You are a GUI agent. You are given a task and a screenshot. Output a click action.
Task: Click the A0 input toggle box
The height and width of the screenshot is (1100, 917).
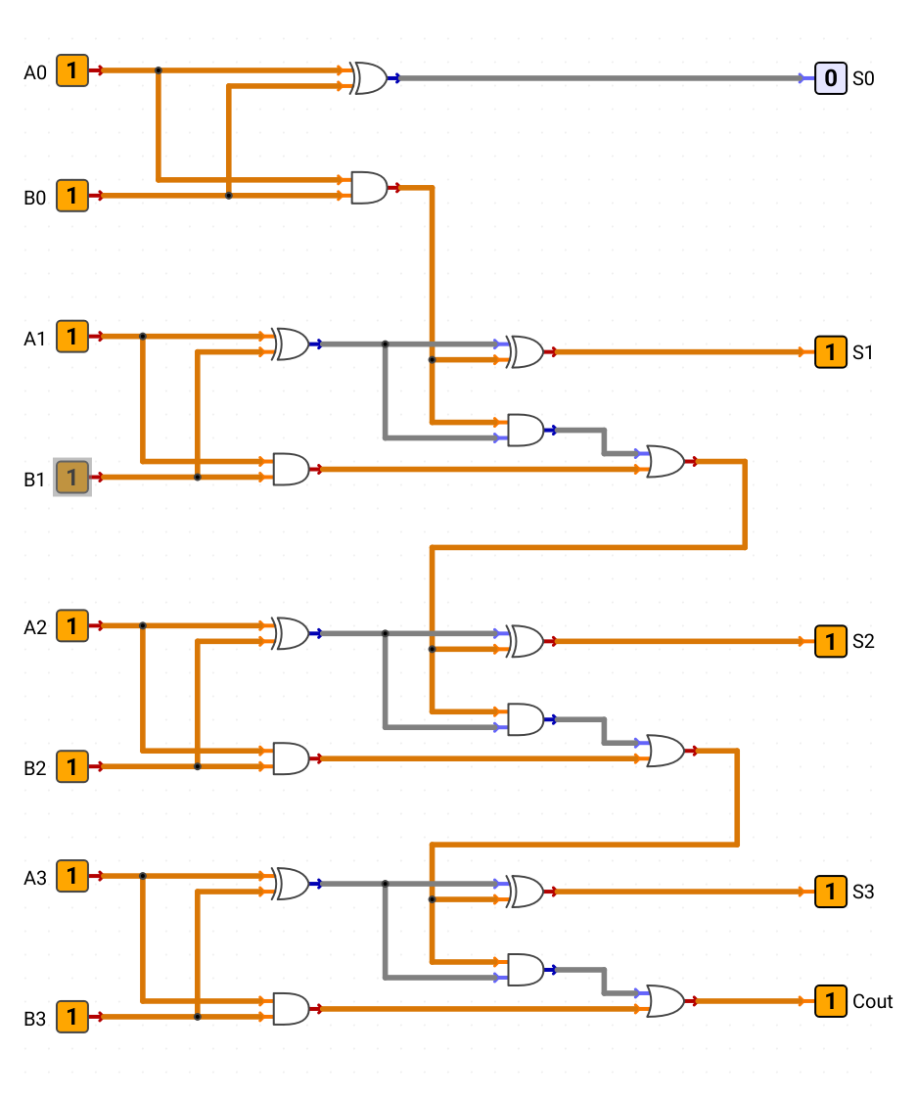point(72,70)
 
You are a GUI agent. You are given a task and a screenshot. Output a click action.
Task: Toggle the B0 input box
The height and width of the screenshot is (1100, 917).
point(72,195)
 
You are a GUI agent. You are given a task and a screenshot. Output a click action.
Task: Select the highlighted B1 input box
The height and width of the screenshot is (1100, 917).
point(72,477)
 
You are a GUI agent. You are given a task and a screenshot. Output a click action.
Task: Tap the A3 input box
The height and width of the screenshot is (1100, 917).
point(72,876)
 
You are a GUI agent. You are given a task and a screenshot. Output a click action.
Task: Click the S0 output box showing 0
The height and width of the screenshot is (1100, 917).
point(831,78)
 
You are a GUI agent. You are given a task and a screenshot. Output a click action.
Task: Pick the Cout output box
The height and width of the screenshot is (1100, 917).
point(831,1001)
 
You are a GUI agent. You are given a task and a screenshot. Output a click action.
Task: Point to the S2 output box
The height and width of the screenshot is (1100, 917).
point(831,641)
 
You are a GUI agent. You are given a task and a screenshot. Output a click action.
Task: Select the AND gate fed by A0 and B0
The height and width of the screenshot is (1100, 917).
point(369,187)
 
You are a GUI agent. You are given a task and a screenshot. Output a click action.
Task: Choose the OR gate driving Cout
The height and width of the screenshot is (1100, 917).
point(665,1001)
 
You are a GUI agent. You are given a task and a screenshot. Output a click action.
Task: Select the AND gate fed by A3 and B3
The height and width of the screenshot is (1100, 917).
point(291,1009)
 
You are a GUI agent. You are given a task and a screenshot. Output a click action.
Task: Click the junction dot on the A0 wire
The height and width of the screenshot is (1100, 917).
point(159,70)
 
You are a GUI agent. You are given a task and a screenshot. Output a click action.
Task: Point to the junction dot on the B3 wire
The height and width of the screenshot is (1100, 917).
point(197,1017)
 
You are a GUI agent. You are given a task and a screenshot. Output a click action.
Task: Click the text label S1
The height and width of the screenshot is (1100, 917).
point(863,352)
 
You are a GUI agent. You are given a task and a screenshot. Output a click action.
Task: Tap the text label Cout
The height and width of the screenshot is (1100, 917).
point(873,1002)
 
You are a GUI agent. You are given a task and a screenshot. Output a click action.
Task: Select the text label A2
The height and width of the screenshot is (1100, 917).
point(35,627)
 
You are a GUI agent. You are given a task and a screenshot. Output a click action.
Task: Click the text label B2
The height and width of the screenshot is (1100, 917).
point(35,768)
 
